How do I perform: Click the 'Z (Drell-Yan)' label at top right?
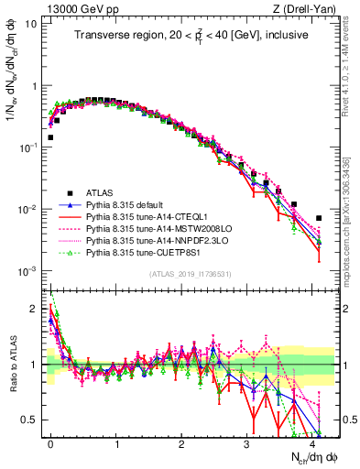(x=305, y=8)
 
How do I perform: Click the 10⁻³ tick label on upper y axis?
(x=27, y=271)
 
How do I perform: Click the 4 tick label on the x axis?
(x=312, y=442)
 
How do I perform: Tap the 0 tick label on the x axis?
(x=51, y=442)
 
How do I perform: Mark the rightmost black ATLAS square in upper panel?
(x=319, y=218)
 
